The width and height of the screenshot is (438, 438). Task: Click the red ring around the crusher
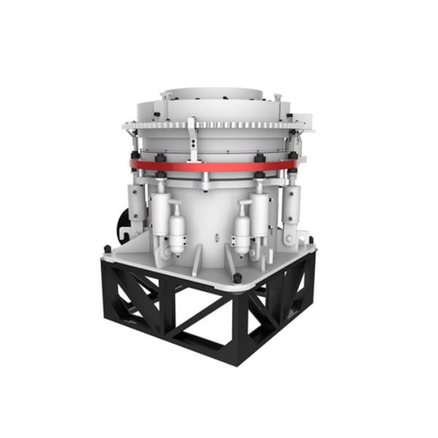coord(219,166)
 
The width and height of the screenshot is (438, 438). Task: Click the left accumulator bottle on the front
coord(177,228)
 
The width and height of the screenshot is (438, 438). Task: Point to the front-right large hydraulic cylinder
coord(259,212)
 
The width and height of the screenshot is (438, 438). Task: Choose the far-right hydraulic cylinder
coord(292,207)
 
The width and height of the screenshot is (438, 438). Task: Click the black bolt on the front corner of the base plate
coord(237,279)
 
